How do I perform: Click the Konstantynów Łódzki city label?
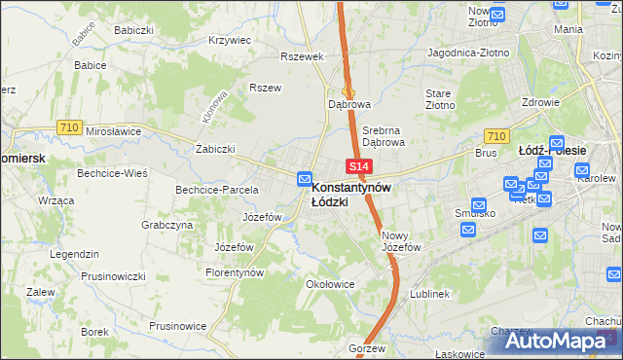351,194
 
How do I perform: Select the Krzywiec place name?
230,41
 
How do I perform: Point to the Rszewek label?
301,56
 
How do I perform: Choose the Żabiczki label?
215,149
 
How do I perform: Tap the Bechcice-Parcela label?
216,190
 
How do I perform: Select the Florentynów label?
235,273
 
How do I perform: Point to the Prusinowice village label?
182,325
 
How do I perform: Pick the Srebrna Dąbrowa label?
383,134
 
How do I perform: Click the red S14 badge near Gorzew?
357,332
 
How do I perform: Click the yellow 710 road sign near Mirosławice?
68,126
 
